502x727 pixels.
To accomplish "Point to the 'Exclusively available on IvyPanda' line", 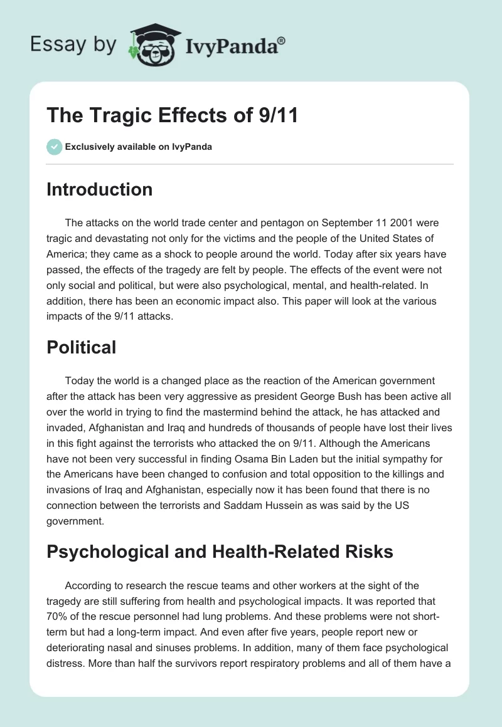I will click(138, 147).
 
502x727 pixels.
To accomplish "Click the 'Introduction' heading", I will click(99, 189).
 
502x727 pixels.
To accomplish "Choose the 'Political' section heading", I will click(81, 347).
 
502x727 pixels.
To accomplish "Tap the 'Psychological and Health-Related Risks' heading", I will click(220, 552).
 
